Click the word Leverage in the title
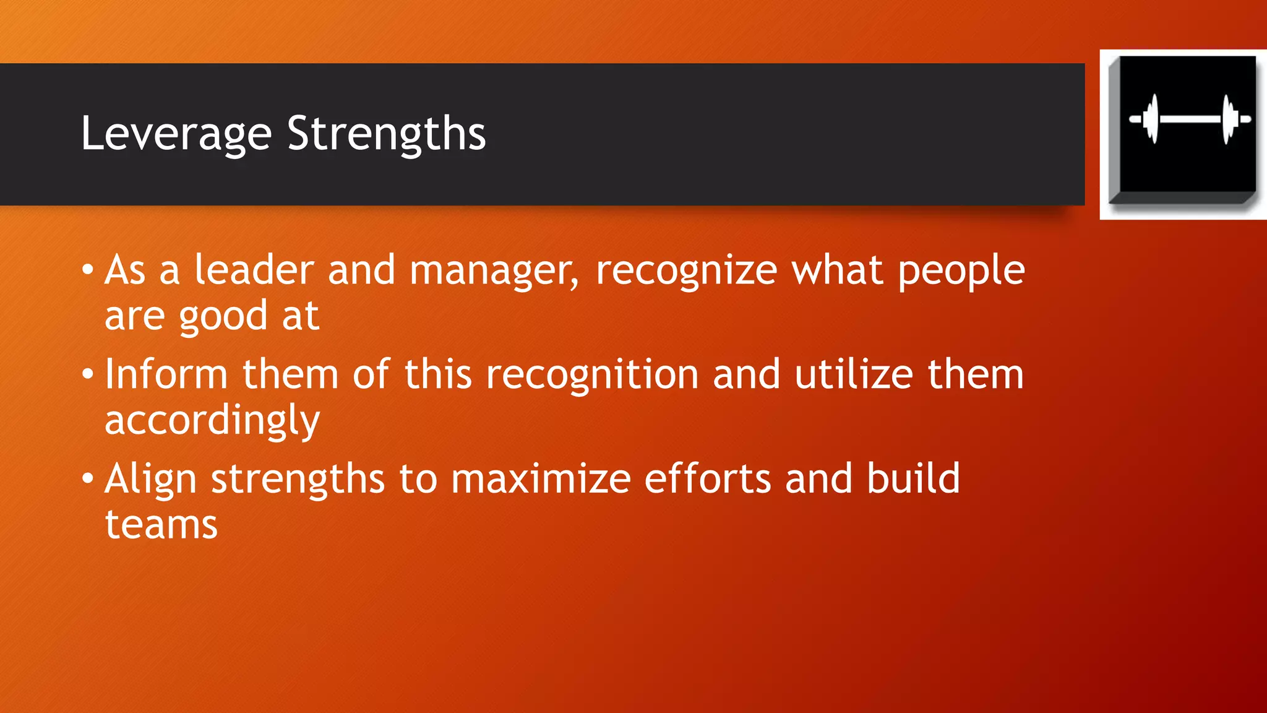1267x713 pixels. tap(176, 134)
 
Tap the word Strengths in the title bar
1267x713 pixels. tap(387, 134)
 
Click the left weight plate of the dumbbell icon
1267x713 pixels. tap(1151, 118)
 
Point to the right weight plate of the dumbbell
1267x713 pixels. tap(1229, 118)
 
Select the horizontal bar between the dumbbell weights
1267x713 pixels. tap(1190, 118)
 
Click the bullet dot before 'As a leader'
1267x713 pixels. tap(88, 270)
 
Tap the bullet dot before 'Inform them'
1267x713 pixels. tap(88, 374)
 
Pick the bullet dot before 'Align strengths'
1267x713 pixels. tap(88, 478)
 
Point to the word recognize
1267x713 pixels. tap(686, 271)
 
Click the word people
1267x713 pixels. tap(961, 271)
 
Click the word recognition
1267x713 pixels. tap(592, 375)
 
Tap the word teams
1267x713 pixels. tap(161, 525)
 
